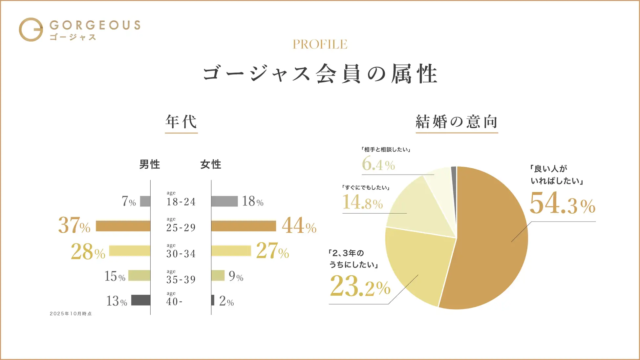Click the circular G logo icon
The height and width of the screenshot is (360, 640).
point(31,30)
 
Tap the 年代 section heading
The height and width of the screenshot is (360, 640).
point(181,122)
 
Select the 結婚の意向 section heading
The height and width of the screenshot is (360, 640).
point(457,122)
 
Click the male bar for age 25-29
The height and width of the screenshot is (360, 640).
point(123,226)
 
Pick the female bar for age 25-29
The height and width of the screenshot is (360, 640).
point(244,226)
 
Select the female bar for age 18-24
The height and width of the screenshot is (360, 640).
point(224,201)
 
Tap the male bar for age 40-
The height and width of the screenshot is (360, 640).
point(141,300)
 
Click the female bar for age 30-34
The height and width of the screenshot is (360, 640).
point(231,251)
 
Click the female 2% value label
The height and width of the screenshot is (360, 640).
point(226,301)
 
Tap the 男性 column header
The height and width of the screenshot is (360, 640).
point(150,164)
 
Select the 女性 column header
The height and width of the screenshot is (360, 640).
point(211,164)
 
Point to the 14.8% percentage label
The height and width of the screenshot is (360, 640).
point(363,202)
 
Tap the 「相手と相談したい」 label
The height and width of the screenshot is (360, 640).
point(386,150)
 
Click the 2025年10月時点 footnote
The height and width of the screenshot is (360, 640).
point(71,314)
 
